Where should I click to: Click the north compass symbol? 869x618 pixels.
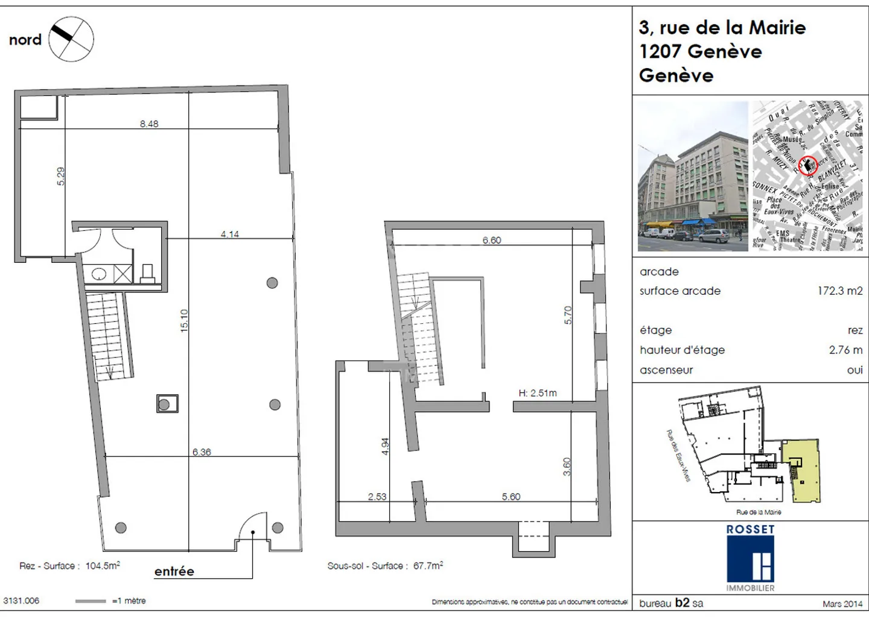pos(71,39)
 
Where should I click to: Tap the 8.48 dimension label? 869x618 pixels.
pos(149,124)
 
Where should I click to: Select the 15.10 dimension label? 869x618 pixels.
pos(184,320)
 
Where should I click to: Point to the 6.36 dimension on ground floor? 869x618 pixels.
pos(202,452)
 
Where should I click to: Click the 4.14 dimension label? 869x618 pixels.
pos(229,234)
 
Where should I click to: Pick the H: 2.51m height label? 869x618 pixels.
pos(538,393)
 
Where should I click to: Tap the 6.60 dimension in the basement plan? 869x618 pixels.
pos(492,240)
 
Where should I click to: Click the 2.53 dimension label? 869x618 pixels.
pos(377,496)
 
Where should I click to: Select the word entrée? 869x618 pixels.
pos(174,572)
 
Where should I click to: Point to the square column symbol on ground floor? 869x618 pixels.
pos(167,403)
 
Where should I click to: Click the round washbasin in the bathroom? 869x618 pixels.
pos(99,274)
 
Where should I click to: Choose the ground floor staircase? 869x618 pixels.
pos(109,335)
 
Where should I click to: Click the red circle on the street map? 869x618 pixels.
pos(808,165)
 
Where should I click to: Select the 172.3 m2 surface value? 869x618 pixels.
pos(840,291)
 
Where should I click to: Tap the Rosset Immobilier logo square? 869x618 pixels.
pos(750,559)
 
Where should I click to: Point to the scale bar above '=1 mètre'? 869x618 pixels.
pos(91,601)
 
